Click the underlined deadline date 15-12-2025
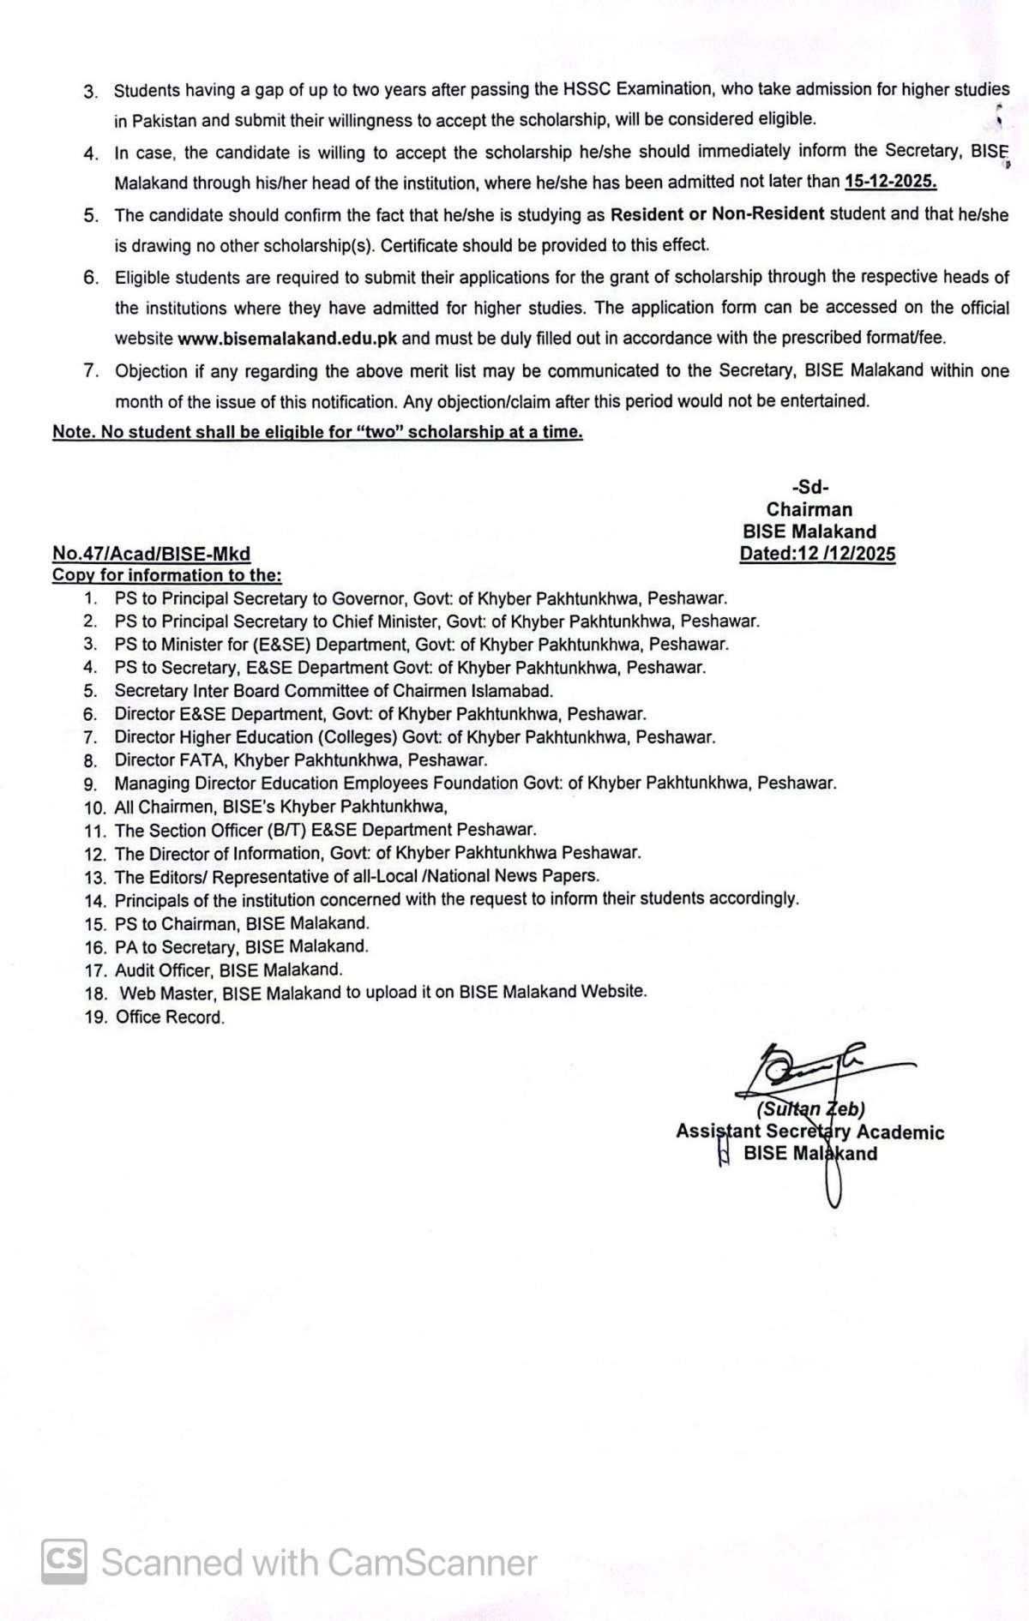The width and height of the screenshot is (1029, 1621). pyautogui.click(x=890, y=181)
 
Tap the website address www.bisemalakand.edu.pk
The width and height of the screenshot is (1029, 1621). pyautogui.click(x=287, y=339)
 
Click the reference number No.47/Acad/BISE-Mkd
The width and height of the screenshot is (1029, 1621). pyautogui.click(x=151, y=554)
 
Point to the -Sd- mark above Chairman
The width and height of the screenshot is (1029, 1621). pyautogui.click(x=810, y=488)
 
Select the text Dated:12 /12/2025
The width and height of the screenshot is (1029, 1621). pyautogui.click(x=817, y=554)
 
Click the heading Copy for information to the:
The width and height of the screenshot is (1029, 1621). pyautogui.click(x=166, y=575)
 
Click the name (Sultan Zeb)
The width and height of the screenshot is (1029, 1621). pyautogui.click(x=810, y=1109)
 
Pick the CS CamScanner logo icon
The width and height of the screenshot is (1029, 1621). pyautogui.click(x=63, y=1561)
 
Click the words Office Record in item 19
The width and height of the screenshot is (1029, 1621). pyautogui.click(x=170, y=1018)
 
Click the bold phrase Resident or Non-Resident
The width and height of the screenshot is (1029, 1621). pyautogui.click(x=717, y=214)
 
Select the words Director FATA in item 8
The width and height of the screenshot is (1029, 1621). pyautogui.click(x=170, y=760)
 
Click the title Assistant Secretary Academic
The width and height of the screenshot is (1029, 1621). pyautogui.click(x=809, y=1132)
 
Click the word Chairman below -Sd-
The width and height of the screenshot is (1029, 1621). pyautogui.click(x=809, y=510)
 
